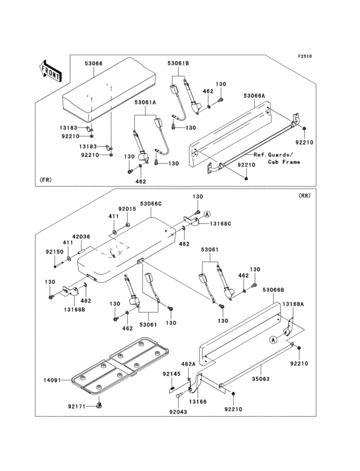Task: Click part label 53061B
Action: [x=178, y=64]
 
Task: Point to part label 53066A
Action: [x=255, y=95]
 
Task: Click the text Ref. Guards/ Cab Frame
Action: [x=272, y=158]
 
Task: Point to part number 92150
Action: [x=55, y=252]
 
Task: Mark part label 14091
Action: [x=52, y=380]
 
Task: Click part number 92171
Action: [x=76, y=406]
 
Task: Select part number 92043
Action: [x=178, y=412]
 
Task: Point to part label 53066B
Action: [x=273, y=291]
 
